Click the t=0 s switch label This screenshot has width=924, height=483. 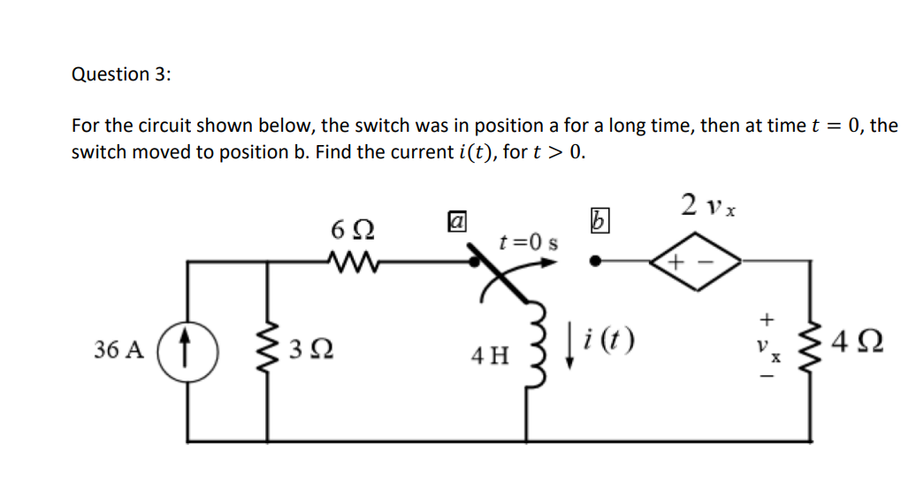tap(529, 241)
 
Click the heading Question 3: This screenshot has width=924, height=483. tap(121, 74)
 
